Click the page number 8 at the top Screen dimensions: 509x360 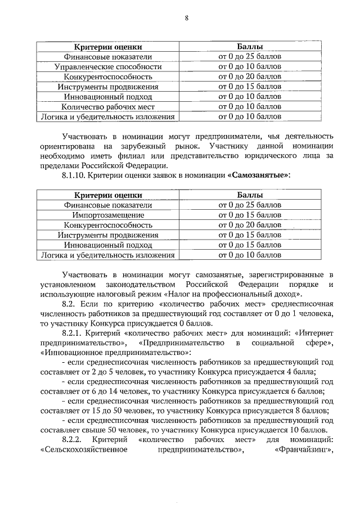click(187, 19)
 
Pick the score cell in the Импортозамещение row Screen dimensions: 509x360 click(250, 215)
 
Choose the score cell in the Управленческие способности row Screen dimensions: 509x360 click(250, 66)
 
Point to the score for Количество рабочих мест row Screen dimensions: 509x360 click(250, 107)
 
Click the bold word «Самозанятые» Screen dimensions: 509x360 click(260, 176)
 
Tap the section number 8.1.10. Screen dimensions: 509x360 click(75, 176)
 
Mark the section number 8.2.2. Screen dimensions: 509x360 click(73, 438)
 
